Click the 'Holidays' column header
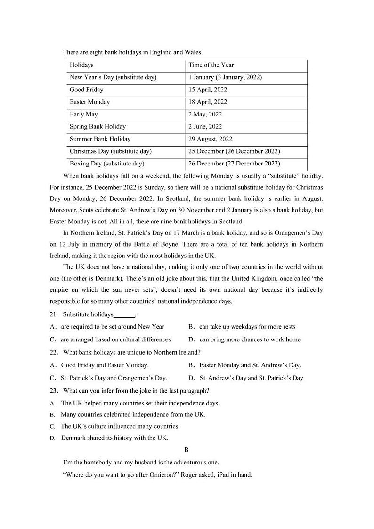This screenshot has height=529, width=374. tap(81, 65)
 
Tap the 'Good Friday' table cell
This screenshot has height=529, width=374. tap(86, 90)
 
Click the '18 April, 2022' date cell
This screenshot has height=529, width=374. tap(207, 102)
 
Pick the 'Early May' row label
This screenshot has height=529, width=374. tap(84, 114)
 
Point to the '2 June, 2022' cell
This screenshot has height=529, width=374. tap(205, 126)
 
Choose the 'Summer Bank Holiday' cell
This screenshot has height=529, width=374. tap(100, 139)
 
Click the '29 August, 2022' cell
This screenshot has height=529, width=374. tap(210, 139)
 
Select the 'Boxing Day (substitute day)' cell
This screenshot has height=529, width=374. tap(106, 164)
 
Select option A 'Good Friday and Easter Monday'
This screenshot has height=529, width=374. tap(105, 365)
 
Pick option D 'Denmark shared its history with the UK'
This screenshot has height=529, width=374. tap(114, 438)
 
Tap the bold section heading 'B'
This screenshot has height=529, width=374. tap(187, 450)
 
